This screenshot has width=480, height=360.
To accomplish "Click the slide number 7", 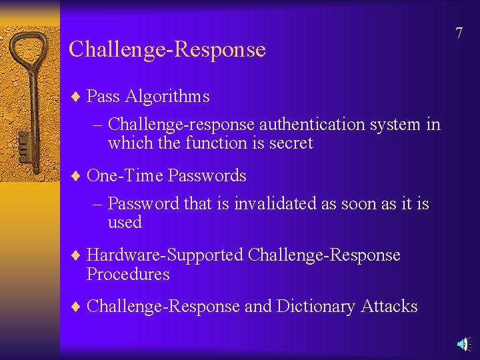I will click(459, 33).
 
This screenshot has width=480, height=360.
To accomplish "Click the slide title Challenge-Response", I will click(167, 49).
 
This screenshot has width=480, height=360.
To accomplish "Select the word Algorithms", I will click(167, 97).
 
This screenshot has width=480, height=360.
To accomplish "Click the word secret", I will click(291, 143).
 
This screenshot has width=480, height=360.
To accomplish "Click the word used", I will click(125, 222).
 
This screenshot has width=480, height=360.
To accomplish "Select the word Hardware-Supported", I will click(165, 255).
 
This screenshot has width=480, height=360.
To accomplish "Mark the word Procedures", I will click(128, 274).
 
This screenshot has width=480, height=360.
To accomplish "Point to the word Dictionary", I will click(316, 307).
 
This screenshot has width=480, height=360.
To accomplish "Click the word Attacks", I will click(389, 307).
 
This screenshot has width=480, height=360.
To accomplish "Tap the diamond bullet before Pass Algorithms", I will click(75, 97).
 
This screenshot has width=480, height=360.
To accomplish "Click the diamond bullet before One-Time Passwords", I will click(75, 177).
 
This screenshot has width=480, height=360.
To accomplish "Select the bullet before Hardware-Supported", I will click(75, 256).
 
